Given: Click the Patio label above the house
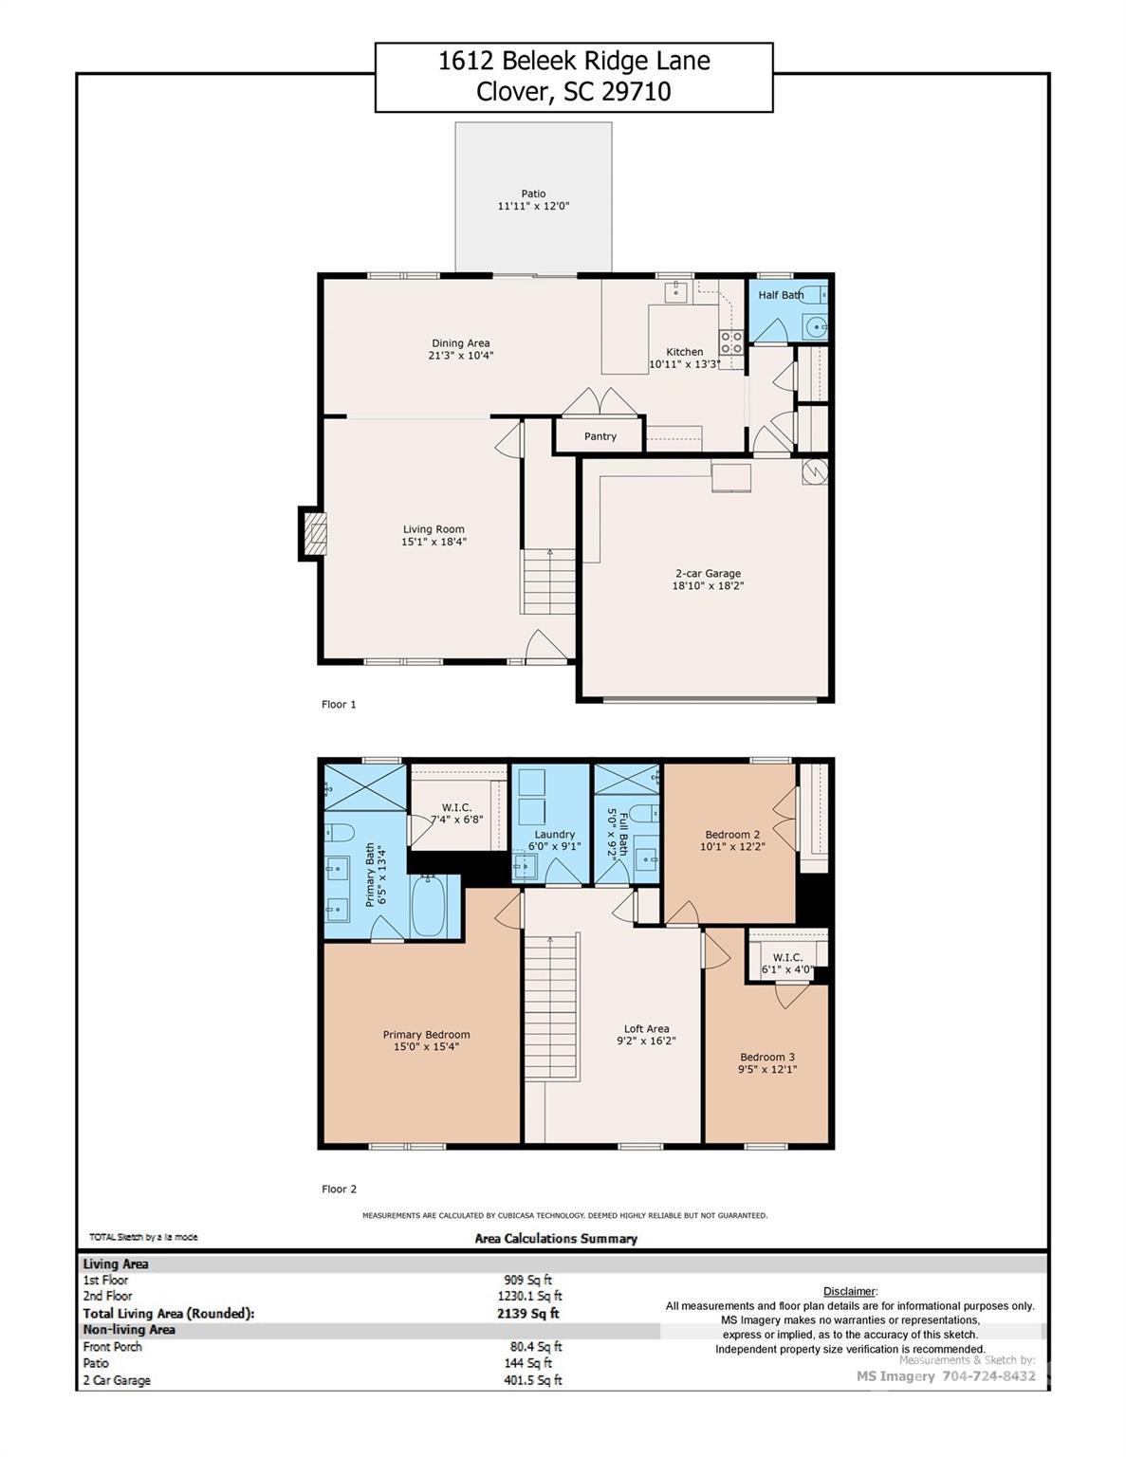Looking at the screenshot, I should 533,194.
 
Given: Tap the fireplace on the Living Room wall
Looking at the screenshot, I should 315,534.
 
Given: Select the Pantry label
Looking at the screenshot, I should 600,436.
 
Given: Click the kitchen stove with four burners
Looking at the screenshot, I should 730,341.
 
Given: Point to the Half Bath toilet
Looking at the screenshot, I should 809,294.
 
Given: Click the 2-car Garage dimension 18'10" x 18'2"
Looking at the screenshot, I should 708,586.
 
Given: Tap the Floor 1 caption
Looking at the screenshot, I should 339,705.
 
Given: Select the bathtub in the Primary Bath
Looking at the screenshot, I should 429,906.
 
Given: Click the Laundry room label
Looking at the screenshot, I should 554,835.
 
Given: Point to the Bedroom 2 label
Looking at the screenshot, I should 732,835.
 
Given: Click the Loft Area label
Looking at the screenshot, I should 646,1028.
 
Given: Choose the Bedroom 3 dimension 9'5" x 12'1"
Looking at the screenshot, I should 767,1070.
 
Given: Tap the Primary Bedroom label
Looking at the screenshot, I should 426,1035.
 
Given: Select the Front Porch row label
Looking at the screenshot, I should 112,1347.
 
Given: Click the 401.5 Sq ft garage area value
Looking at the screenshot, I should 532,1380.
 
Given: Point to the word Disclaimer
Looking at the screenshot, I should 849,1291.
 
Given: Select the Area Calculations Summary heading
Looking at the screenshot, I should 556,1239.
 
